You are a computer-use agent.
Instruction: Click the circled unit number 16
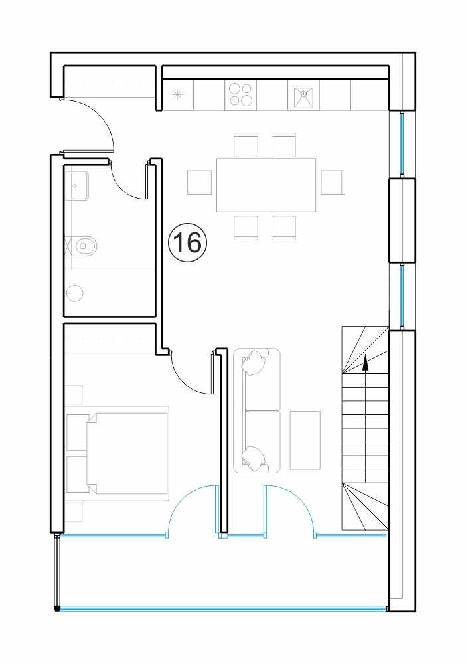(187, 243)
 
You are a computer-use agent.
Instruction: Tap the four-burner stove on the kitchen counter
(240, 94)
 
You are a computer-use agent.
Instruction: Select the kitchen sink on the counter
(303, 98)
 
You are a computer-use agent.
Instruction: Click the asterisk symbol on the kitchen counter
(178, 95)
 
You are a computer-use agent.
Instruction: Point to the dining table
(266, 185)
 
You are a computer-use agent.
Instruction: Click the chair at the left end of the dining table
(199, 182)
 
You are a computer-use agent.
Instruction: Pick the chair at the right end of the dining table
(333, 182)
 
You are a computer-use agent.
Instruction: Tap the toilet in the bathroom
(85, 245)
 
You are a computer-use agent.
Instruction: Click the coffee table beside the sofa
(305, 440)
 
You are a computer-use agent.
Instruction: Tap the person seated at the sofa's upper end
(254, 363)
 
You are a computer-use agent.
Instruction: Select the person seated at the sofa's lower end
(254, 458)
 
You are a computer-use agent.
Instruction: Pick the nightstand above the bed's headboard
(74, 395)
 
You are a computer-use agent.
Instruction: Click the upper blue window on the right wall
(402, 143)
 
